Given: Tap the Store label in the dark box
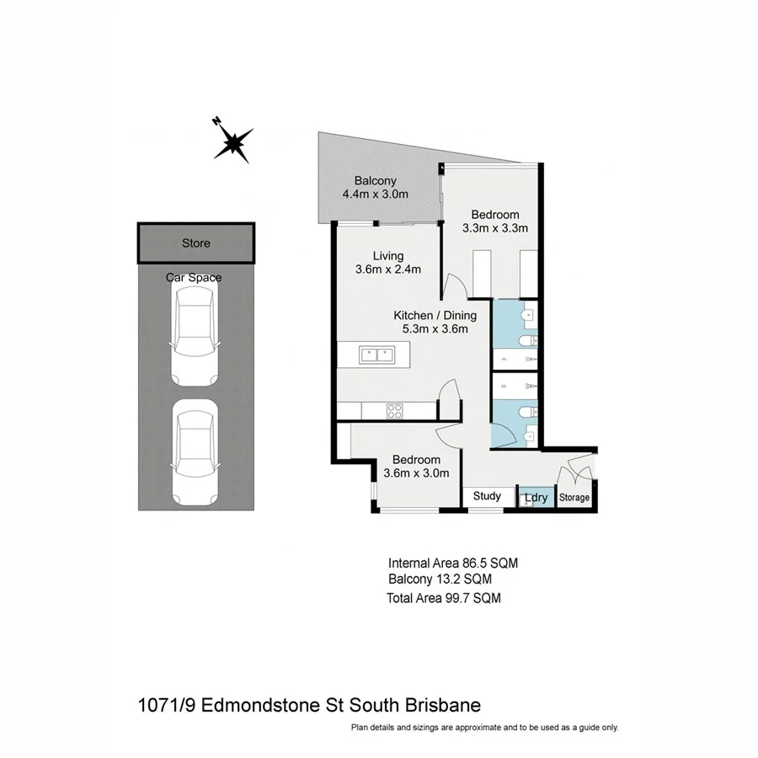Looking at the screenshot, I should (x=196, y=243).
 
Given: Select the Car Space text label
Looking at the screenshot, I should (x=194, y=277).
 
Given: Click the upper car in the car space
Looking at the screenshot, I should (x=195, y=333).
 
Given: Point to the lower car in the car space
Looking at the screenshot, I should (x=195, y=451).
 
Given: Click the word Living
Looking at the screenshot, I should (x=388, y=256).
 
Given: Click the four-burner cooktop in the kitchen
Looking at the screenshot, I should (x=394, y=410).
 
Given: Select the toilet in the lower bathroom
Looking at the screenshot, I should (x=525, y=412).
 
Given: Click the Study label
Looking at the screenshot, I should (x=487, y=496).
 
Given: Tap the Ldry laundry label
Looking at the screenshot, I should (x=536, y=498).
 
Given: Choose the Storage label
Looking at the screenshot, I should (x=574, y=498).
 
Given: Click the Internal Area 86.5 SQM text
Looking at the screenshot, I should (x=446, y=563).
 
